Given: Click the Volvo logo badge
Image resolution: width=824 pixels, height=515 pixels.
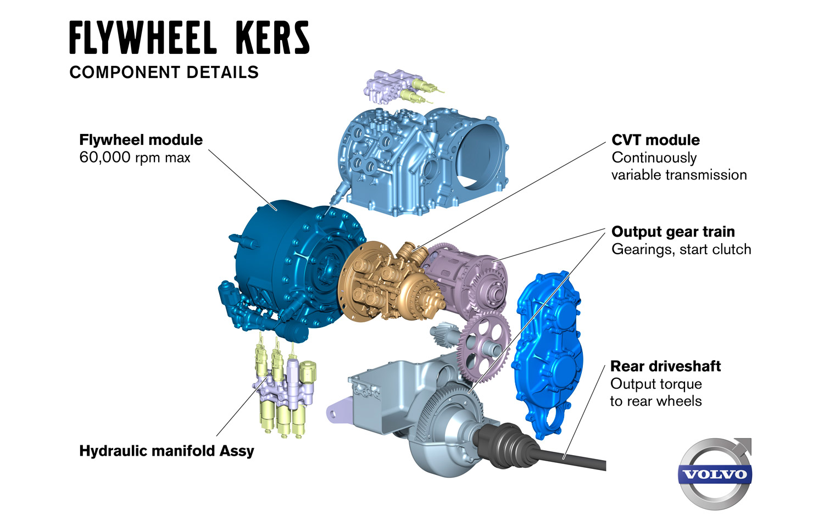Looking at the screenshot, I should coord(715,473).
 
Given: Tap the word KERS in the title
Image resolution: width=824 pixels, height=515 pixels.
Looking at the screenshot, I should coord(272,38).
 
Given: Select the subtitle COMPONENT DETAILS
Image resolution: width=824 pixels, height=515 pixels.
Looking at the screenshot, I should coord(164,72).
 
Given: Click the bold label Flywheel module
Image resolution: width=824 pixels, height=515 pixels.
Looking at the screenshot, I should coord(141,140).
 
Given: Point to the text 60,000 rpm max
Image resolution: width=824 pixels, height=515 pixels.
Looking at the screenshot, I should coord(135,158).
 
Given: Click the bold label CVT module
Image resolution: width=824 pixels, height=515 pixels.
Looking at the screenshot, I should coord(655,140).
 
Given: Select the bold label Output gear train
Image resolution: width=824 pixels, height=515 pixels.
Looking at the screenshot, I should coord(673,232).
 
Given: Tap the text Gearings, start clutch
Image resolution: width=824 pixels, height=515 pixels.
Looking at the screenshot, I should coord(681,250).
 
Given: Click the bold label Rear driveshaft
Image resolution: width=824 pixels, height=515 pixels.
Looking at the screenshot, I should coord(665,366).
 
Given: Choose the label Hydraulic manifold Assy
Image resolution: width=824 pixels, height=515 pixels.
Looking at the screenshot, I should coord(166,451).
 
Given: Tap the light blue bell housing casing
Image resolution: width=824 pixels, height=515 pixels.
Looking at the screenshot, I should coord(423,159).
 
